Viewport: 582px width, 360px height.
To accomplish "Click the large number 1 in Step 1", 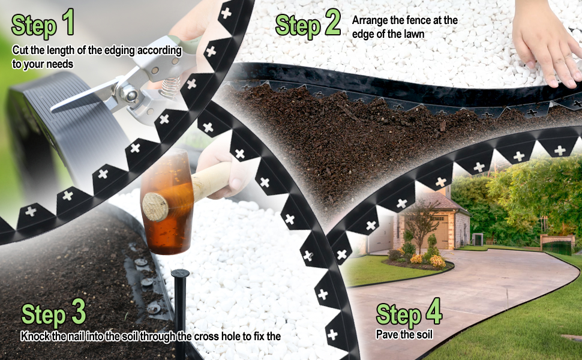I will tap(67, 22).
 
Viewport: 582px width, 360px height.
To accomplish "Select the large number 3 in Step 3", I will tap(77, 313).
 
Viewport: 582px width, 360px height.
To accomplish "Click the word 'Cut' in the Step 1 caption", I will tap(20, 50).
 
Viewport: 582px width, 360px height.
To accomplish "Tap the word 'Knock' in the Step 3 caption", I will tap(35, 336).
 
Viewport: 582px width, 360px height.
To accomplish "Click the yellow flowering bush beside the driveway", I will tap(437, 261).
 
